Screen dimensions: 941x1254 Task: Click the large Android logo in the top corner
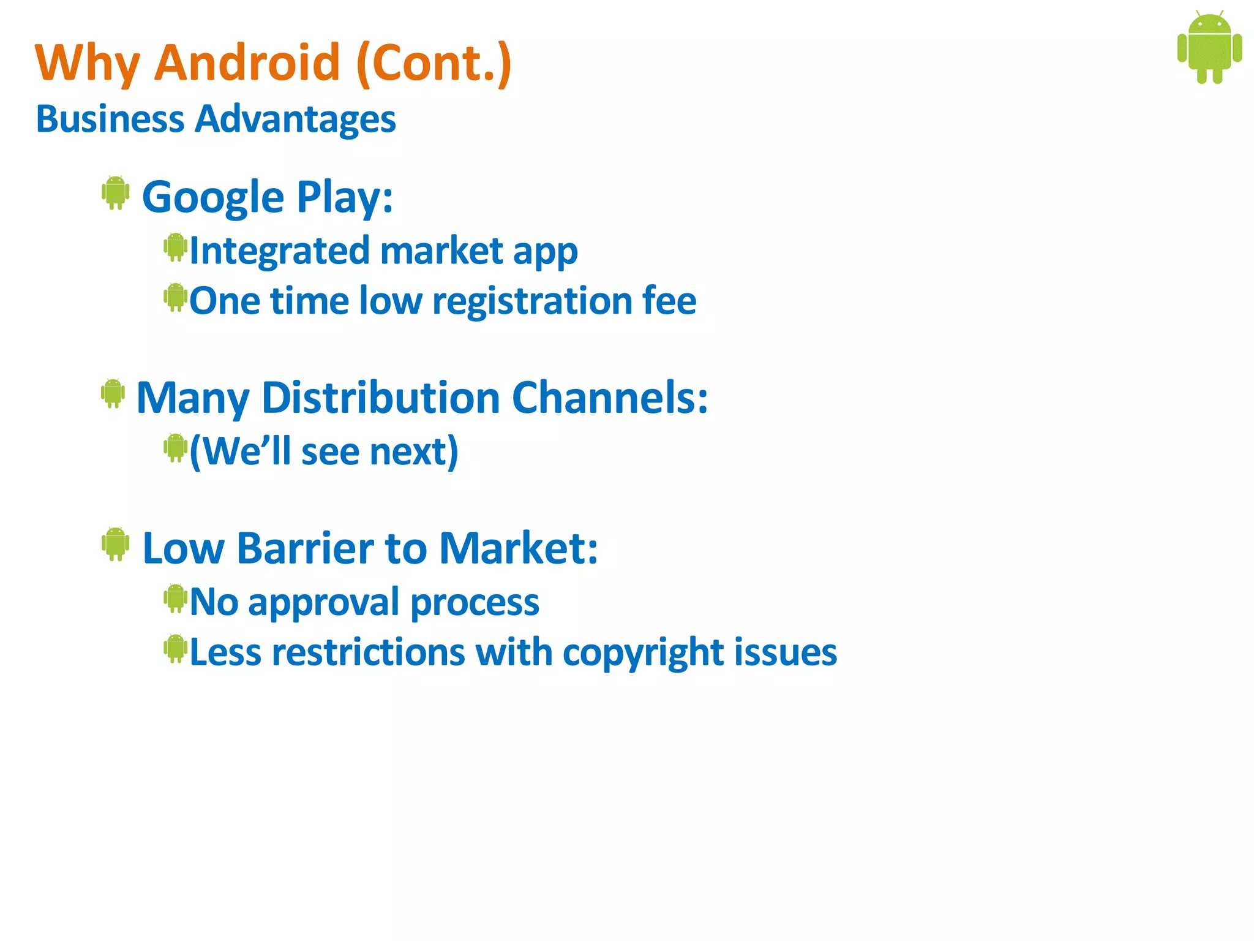1209,47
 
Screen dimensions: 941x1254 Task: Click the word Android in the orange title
247,62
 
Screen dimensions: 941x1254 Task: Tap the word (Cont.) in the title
434,62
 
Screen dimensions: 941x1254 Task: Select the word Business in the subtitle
110,118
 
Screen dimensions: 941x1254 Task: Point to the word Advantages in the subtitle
295,119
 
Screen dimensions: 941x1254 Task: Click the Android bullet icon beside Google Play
115,193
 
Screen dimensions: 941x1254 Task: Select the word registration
532,301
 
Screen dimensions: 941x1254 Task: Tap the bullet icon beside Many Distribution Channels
113,393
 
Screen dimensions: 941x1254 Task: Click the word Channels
609,398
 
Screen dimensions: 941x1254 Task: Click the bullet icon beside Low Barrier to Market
115,543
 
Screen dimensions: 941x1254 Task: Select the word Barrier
305,548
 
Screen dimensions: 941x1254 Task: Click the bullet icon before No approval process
175,599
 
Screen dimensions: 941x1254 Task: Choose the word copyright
643,653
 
